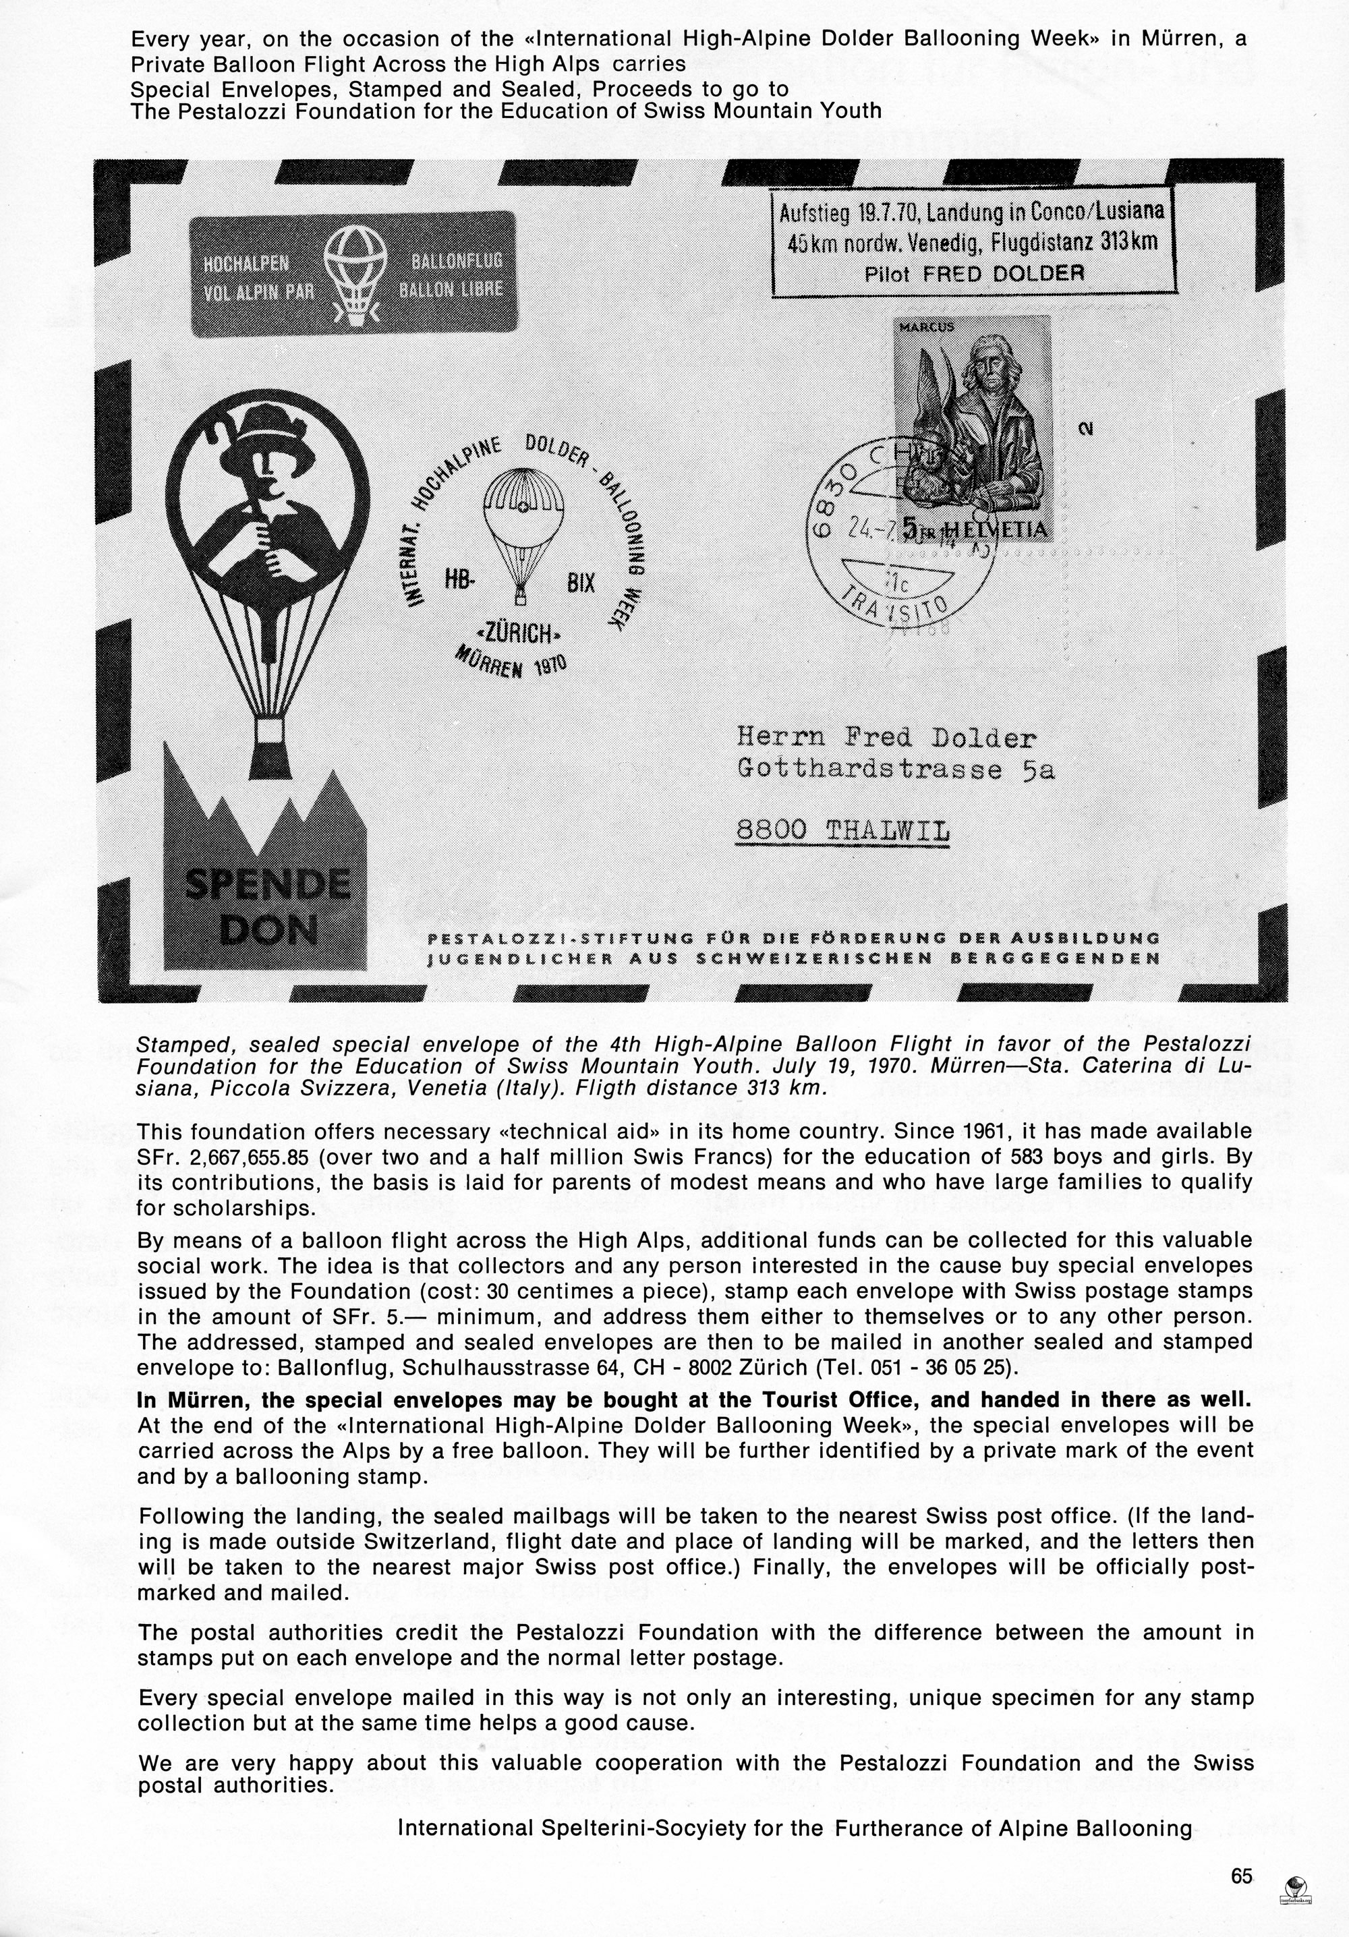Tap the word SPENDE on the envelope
coord(266,886)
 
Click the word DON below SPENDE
coord(268,929)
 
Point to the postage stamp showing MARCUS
coord(972,428)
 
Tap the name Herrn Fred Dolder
coord(886,739)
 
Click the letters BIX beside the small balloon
coord(581,582)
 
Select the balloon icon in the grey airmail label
coord(356,275)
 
